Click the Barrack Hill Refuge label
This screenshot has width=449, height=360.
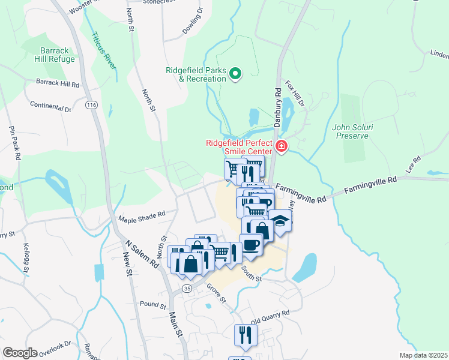point(58,55)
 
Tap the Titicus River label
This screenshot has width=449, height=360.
point(102,49)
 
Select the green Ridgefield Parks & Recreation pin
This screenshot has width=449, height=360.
point(235,74)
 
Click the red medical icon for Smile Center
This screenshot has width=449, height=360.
point(280,146)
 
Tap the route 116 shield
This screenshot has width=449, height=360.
point(91,105)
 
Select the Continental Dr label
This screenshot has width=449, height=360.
point(50,109)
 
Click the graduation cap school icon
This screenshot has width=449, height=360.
point(279,221)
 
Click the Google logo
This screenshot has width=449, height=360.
point(20,353)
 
